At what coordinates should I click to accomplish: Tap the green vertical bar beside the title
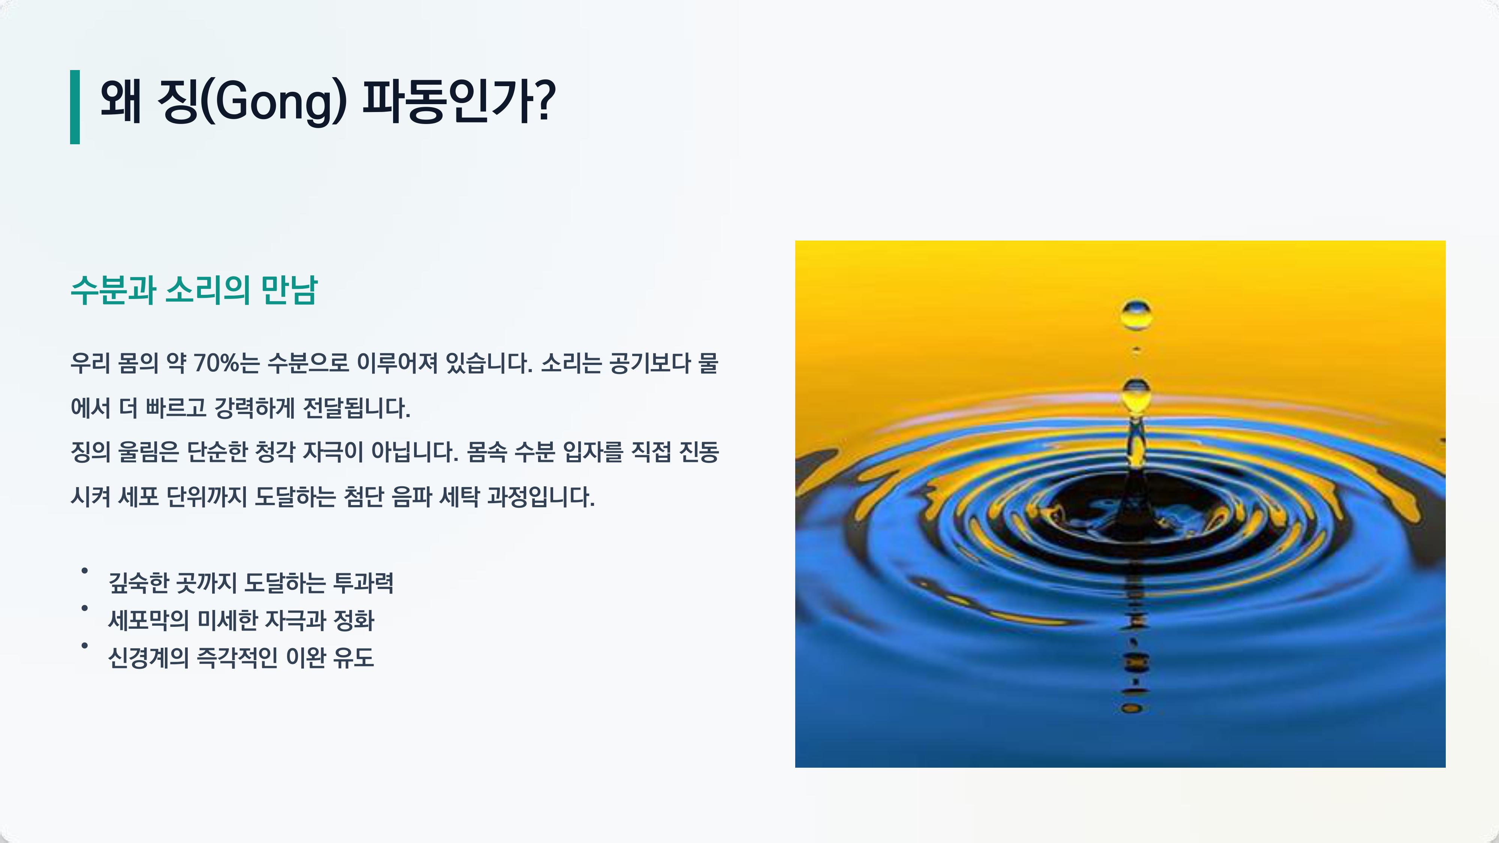click(75, 107)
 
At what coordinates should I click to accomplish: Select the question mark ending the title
click(544, 100)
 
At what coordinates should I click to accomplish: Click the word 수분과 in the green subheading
click(114, 289)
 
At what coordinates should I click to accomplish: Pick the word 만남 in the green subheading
click(289, 289)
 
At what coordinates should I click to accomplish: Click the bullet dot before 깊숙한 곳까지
click(84, 571)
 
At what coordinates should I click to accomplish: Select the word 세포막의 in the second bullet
click(148, 620)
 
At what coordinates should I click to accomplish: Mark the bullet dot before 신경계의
click(84, 645)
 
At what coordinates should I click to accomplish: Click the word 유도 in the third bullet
click(354, 658)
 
